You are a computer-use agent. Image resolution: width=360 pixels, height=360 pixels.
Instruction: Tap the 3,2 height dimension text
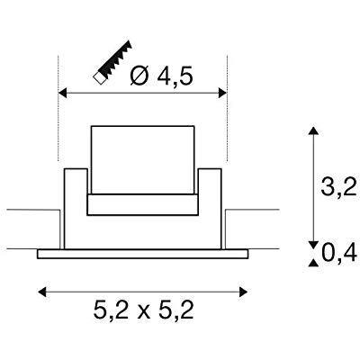(338, 186)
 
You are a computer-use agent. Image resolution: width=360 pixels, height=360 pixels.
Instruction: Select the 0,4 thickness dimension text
(339, 254)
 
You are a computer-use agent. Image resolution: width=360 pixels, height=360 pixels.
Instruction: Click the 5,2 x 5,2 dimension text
(143, 311)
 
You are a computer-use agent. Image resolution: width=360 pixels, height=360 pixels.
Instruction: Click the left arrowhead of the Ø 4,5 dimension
(62, 93)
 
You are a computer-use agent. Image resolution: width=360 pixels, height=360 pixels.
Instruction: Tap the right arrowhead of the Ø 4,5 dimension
(222, 93)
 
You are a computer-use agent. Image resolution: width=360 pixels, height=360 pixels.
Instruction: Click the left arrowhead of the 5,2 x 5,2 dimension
(42, 292)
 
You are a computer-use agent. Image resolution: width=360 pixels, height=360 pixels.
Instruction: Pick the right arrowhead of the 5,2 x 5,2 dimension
(243, 292)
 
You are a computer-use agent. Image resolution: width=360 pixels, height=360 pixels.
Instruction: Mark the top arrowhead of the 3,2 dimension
(313, 130)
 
